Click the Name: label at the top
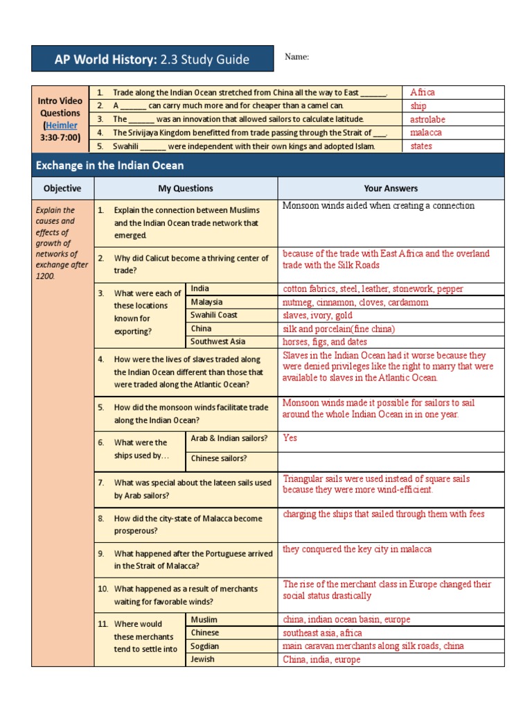tap(296, 58)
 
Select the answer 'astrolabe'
tap(427, 119)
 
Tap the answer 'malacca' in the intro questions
tap(425, 132)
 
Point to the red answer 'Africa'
tap(422, 92)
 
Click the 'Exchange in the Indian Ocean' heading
tap(110, 166)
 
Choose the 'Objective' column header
tap(62, 188)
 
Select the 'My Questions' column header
tap(186, 188)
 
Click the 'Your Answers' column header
tap(391, 188)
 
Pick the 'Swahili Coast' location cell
tap(214, 315)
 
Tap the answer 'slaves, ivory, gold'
tap(317, 315)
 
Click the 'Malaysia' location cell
tap(206, 302)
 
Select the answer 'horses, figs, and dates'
tap(325, 342)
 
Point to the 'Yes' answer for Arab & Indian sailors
tap(290, 438)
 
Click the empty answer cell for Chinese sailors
tap(391, 458)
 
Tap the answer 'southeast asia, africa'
tap(322, 633)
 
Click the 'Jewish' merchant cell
tap(202, 659)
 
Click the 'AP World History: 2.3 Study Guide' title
tap(152, 60)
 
